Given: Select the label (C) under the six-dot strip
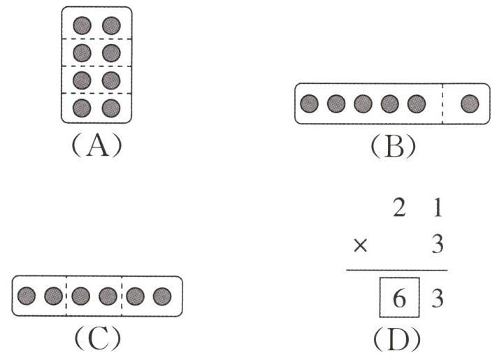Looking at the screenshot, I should click(x=96, y=338).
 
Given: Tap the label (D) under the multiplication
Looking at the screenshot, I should click(x=397, y=338).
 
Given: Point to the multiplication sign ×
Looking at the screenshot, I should click(x=360, y=245).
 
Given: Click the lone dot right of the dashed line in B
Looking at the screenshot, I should click(x=470, y=104).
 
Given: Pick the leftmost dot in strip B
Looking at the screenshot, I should click(x=309, y=104).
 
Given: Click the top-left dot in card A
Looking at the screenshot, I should click(x=83, y=25).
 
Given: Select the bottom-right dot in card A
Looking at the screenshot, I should click(x=110, y=107).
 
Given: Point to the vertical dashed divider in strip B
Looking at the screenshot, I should click(x=443, y=104).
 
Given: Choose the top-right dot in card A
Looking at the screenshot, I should click(x=110, y=25).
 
